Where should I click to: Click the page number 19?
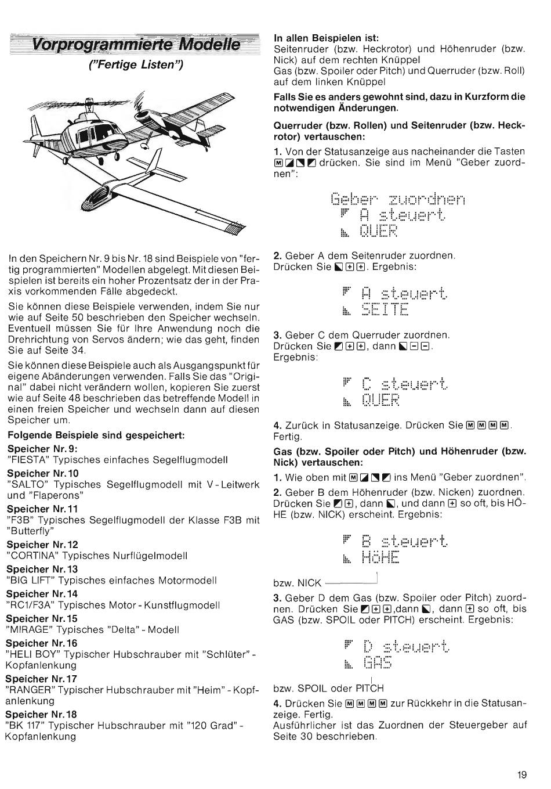[522, 774]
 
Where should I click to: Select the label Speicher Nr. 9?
[42, 449]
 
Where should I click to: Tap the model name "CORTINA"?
[31, 556]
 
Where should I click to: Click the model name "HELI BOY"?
[32, 654]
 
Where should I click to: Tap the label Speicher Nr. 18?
[41, 714]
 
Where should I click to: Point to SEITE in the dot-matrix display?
[385, 308]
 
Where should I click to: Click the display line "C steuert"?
[404, 384]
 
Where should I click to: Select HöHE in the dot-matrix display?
[380, 558]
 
